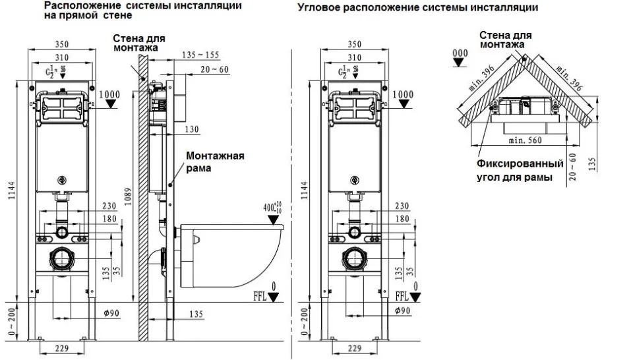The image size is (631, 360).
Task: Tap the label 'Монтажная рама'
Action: (214, 162)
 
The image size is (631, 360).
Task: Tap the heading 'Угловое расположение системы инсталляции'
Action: (417, 8)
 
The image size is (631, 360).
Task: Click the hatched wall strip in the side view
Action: (141, 198)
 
